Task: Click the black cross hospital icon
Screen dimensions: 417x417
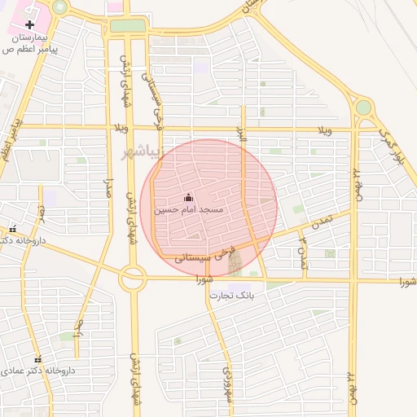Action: (x=30, y=24)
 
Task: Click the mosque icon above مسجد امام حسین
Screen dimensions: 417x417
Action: (x=189, y=196)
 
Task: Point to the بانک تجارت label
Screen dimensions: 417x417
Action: (x=235, y=294)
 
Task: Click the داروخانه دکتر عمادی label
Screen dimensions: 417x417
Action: (x=39, y=370)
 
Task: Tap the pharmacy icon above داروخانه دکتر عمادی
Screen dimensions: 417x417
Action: (x=37, y=358)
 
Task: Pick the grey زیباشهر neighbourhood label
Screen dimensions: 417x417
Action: (x=138, y=153)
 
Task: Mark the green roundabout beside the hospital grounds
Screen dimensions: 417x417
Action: (x=59, y=7)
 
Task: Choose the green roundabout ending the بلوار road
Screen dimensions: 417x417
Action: (x=363, y=108)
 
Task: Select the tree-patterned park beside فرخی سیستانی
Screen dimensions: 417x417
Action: (x=235, y=262)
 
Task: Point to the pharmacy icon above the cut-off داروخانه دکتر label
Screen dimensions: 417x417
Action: (x=11, y=230)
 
